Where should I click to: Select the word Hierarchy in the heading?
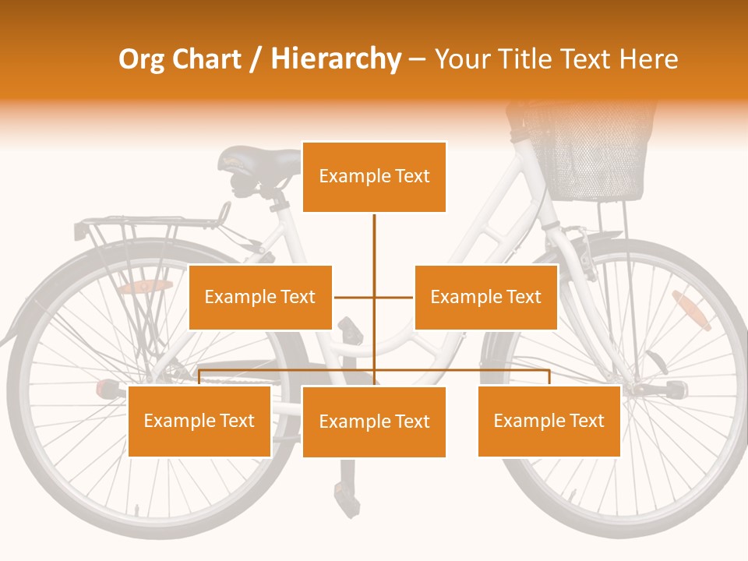(x=336, y=59)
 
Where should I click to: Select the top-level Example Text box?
(x=374, y=177)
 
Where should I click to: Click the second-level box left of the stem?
(x=260, y=297)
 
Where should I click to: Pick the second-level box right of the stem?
(x=485, y=297)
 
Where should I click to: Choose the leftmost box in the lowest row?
(x=199, y=421)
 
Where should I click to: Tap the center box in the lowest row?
(x=374, y=422)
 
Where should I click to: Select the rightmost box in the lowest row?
(x=549, y=421)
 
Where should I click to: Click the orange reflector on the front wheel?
(x=691, y=310)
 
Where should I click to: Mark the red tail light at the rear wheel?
(x=106, y=388)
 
